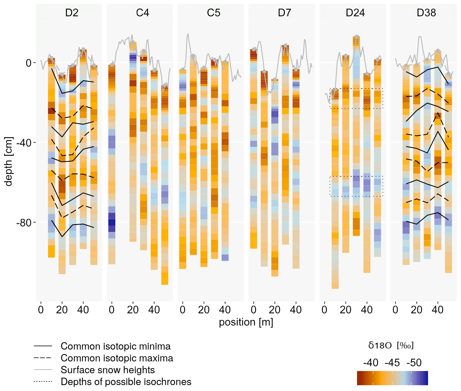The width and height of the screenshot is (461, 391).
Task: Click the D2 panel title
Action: [x=72, y=13]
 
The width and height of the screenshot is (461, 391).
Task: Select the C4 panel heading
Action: [x=142, y=13]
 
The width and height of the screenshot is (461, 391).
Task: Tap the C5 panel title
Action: [x=214, y=13]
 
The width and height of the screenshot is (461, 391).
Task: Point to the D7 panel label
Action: [x=284, y=13]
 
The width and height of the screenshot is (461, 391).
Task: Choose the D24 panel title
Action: [x=355, y=13]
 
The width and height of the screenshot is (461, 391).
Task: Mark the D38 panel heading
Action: [x=426, y=13]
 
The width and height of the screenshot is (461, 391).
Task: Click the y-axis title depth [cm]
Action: [x=9, y=162]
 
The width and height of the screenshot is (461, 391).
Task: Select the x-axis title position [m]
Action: [x=246, y=322]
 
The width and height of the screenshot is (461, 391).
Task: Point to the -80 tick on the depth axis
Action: [x=24, y=223]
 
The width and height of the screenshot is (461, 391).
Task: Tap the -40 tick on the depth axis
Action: [x=24, y=143]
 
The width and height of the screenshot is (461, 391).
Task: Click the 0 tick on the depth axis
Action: [x=28, y=63]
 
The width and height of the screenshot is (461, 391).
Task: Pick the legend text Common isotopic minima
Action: [x=115, y=347]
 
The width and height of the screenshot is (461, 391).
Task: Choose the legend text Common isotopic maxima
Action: [x=117, y=358]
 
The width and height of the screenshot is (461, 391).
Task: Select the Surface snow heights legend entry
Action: [x=108, y=370]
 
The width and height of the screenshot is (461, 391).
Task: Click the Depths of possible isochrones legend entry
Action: [x=126, y=382]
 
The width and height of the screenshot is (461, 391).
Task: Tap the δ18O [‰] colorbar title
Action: [x=391, y=346]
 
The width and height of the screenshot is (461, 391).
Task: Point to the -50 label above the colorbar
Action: [x=414, y=363]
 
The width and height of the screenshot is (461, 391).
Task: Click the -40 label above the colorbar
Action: [x=370, y=363]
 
